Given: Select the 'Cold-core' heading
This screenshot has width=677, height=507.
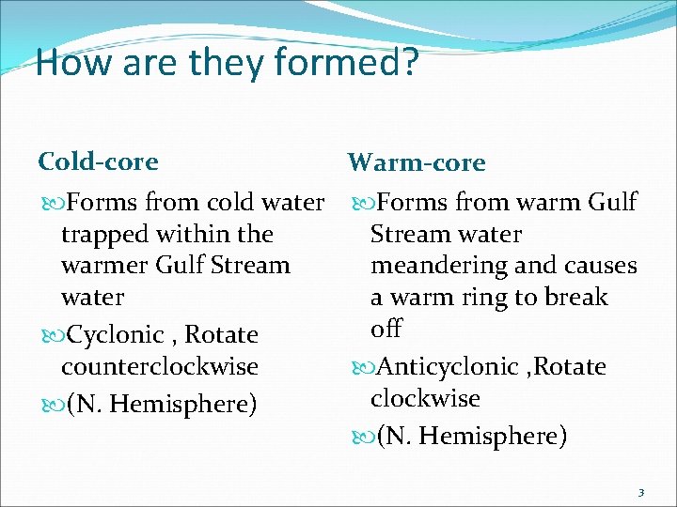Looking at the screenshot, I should pos(98,161).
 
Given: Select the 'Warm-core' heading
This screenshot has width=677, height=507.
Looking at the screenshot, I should pos(416,163).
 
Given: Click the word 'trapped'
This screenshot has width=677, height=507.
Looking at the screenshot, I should pos(102,234).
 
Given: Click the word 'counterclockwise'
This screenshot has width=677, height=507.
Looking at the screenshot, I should pos(160,366).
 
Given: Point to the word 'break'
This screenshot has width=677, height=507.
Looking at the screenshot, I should pos(578,298).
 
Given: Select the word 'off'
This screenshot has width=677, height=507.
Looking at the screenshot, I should pos(386,329).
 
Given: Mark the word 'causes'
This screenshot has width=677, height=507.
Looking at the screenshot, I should pos(602,266).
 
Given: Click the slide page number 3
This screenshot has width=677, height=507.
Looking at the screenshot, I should pos(640,492).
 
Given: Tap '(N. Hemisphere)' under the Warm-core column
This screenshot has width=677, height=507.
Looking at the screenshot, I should pos(471,437).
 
